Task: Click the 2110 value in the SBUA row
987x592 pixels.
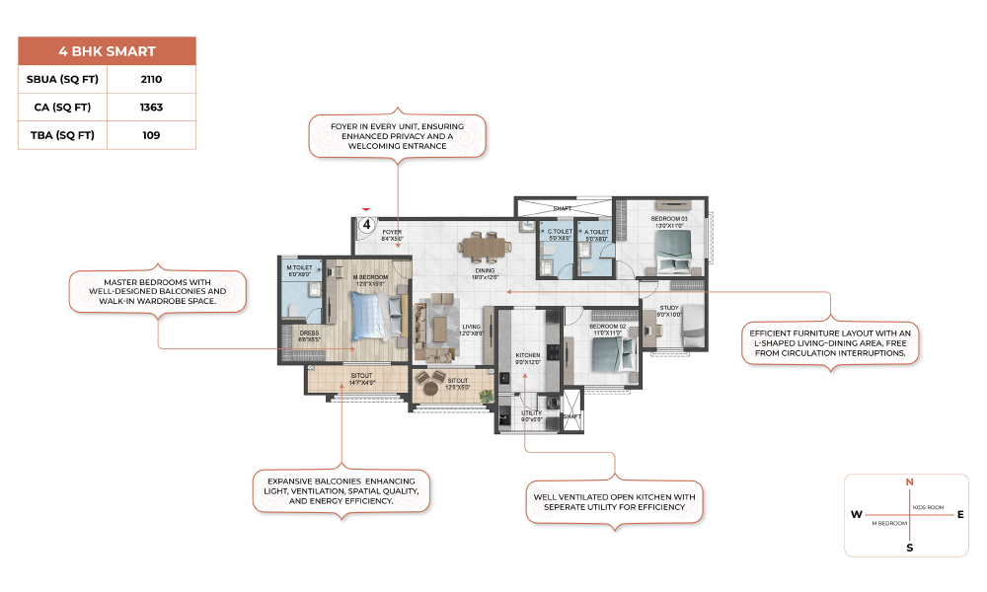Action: [151, 80]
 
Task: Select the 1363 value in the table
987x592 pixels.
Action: [151, 108]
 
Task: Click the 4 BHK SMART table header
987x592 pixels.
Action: [107, 51]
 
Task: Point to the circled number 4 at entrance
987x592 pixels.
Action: [366, 225]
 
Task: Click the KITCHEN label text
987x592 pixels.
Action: [527, 354]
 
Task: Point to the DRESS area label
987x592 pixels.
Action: [309, 333]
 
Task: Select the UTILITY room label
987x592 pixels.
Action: [531, 413]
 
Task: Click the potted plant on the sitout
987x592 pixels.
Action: [485, 395]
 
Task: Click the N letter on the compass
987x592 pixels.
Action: [909, 481]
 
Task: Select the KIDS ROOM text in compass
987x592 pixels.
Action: [929, 507]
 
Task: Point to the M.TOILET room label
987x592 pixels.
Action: [300, 267]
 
